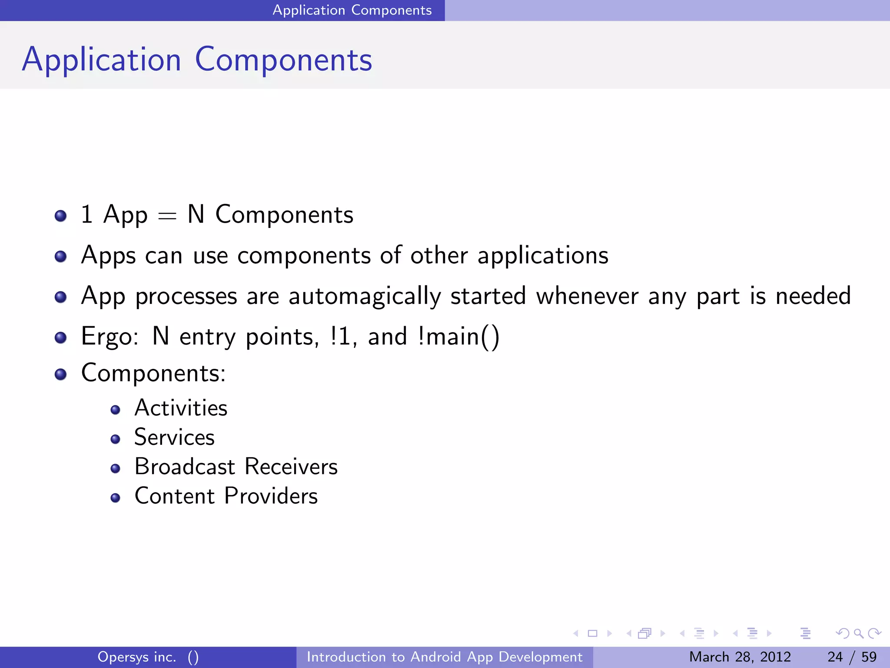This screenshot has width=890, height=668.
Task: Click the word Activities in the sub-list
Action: pyautogui.click(x=181, y=408)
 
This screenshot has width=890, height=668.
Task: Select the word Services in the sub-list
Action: pyautogui.click(x=174, y=437)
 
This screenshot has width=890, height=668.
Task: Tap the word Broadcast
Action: pyautogui.click(x=185, y=467)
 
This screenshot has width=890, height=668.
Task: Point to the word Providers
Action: pyautogui.click(x=271, y=496)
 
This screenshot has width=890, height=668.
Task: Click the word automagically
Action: pyautogui.click(x=365, y=297)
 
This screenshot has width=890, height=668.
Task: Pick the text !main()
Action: pyautogui.click(x=458, y=337)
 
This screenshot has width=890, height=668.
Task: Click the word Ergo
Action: pyautogui.click(x=109, y=337)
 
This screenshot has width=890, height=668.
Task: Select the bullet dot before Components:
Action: pyautogui.click(x=61, y=374)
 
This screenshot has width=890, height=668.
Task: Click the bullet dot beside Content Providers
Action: pyautogui.click(x=115, y=498)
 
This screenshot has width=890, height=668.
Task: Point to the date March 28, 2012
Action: pyautogui.click(x=740, y=657)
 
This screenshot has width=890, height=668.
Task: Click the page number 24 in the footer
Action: pyautogui.click(x=835, y=657)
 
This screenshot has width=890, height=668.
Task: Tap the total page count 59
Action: pyautogui.click(x=869, y=657)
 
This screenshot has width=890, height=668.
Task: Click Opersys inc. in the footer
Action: pyautogui.click(x=136, y=657)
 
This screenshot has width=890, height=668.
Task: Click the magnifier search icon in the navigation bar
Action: pyautogui.click(x=858, y=633)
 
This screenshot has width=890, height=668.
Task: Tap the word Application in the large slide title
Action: pyautogui.click(x=102, y=60)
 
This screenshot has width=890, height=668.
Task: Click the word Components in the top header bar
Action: pyautogui.click(x=391, y=10)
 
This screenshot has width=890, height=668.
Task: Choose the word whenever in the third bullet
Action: pyautogui.click(x=587, y=296)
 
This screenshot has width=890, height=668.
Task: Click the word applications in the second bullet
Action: pyautogui.click(x=543, y=256)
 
